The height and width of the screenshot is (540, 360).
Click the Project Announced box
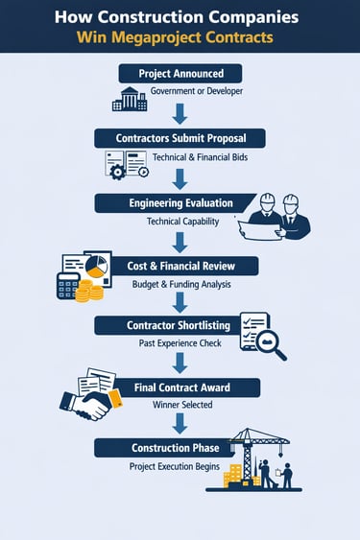pos(180,74)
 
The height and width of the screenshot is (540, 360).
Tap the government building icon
pos(129,98)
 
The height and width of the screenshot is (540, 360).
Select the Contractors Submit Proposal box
pos(180,138)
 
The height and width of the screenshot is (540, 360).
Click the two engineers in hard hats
pos(278,216)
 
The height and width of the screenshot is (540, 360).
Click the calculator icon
pos(68,285)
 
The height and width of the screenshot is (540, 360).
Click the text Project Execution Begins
pos(175,466)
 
